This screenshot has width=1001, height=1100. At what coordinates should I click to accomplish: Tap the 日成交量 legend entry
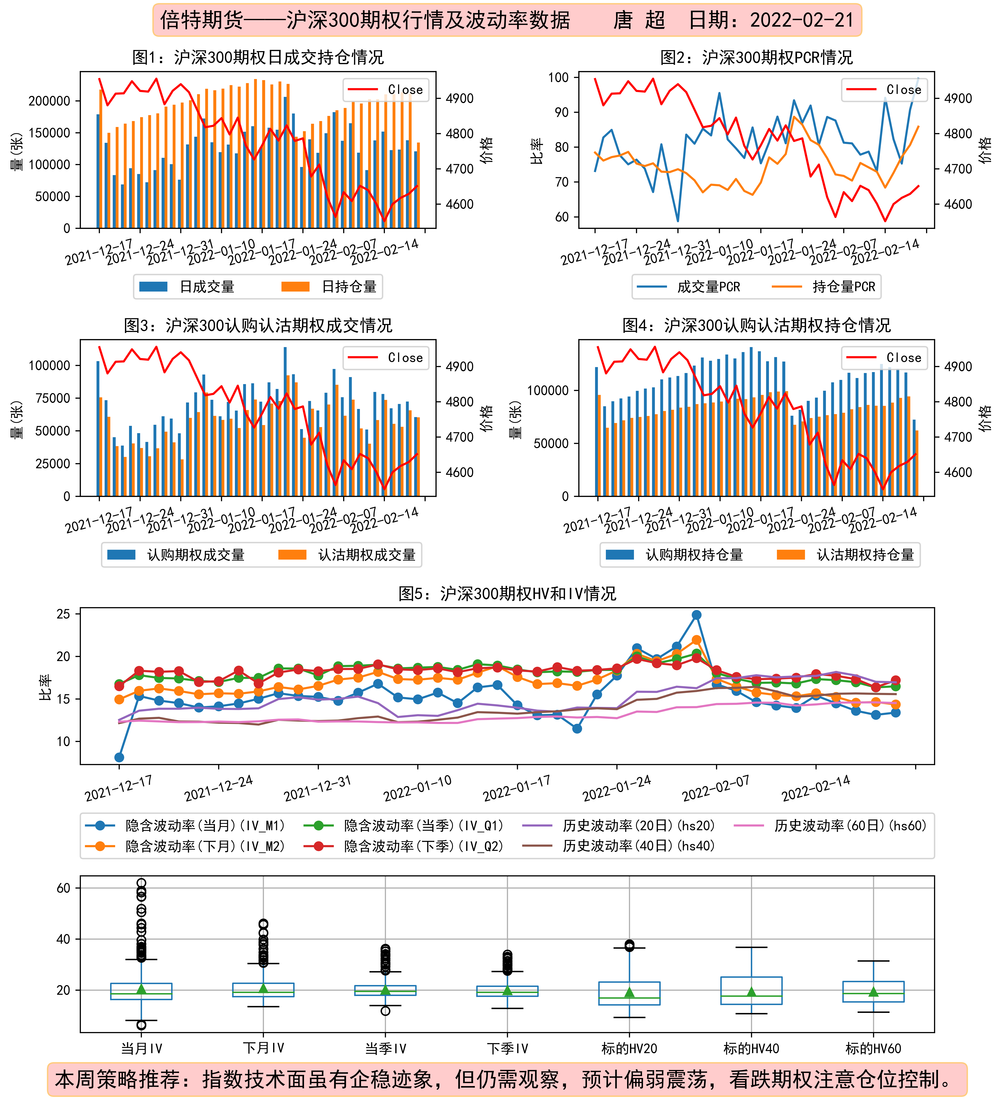pos(187,286)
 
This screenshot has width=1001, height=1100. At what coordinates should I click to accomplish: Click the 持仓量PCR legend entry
pos(823,286)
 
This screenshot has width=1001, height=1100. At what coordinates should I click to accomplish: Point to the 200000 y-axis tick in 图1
pos(49,101)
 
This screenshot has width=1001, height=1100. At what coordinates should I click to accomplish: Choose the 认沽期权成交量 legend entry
pos(347,555)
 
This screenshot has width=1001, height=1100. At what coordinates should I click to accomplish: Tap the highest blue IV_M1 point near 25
pos(696,615)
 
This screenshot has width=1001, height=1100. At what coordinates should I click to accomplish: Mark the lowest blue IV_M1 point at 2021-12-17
pos(119,757)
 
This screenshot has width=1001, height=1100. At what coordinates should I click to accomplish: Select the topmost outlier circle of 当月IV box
pos(141,883)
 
